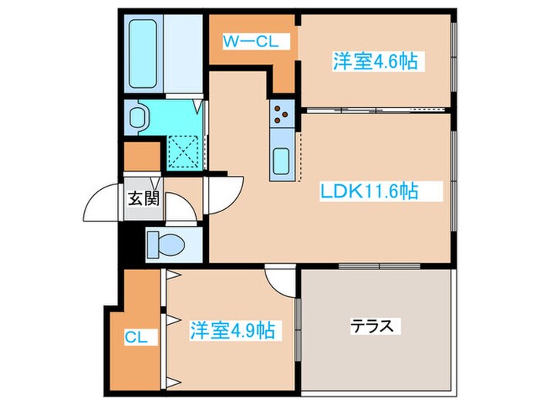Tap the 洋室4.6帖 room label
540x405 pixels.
point(375,62)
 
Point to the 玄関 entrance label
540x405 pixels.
point(143,199)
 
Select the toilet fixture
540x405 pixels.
point(167,243)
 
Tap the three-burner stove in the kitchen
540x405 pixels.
point(282,116)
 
